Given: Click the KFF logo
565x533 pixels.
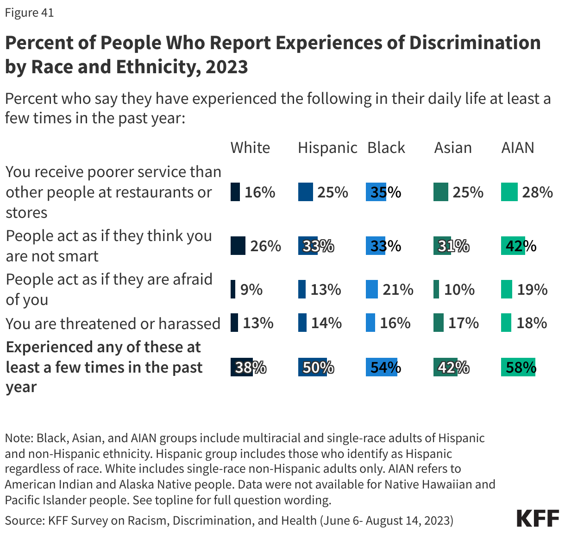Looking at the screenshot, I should click(x=538, y=519).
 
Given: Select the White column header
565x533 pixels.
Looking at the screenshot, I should click(x=250, y=148).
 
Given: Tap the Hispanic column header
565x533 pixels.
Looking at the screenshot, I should click(x=327, y=148).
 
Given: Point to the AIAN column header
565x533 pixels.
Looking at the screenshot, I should click(x=517, y=148).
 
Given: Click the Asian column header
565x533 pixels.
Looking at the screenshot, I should click(x=452, y=148).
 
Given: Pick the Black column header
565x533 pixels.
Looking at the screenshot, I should click(x=386, y=148).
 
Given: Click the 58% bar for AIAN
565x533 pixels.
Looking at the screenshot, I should click(x=518, y=368).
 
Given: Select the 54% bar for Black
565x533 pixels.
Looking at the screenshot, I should click(x=381, y=368).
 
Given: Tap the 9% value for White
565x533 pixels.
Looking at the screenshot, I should click(x=251, y=290).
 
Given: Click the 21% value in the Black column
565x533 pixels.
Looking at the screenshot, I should click(x=397, y=290).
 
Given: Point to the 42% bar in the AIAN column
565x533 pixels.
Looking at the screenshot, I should click(x=513, y=246).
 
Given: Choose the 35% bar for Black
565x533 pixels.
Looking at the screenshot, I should click(x=376, y=192).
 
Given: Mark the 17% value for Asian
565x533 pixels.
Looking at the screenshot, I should click(x=463, y=323).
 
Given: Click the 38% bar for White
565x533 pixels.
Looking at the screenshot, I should click(x=241, y=368).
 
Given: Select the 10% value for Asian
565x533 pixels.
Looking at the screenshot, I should click(x=459, y=290).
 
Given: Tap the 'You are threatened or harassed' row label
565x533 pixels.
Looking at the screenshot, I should click(x=113, y=324).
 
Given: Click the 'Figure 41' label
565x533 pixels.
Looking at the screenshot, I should click(x=29, y=13).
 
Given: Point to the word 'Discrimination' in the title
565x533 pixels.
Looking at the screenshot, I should click(x=474, y=43).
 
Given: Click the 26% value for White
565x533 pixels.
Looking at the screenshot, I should click(x=265, y=246).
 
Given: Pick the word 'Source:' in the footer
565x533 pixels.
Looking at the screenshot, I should click(x=24, y=520).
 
